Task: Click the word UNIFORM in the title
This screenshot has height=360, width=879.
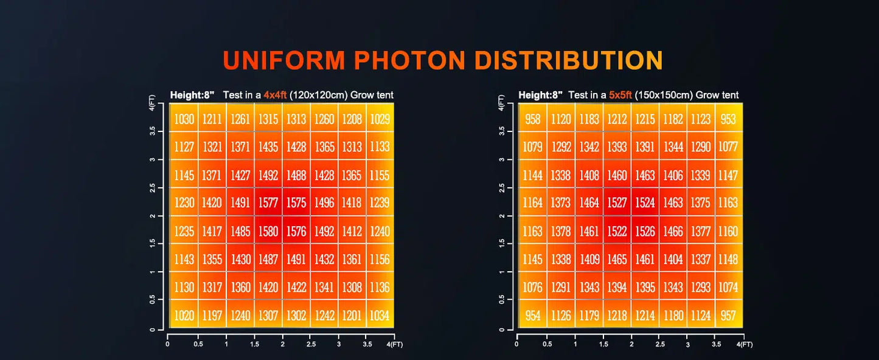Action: pos(284,61)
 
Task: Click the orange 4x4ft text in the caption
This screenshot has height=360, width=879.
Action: pos(274,95)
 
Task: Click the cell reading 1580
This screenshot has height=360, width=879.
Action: pos(268,231)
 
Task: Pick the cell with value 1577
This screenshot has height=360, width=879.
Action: pos(268,203)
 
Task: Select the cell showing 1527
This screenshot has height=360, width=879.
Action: pos(617,203)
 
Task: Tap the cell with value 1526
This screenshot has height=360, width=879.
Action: pos(645,231)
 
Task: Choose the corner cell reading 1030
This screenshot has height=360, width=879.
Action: pos(184,119)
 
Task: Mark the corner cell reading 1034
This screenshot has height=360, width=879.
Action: pos(380,316)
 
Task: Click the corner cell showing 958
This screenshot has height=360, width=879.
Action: pos(532,119)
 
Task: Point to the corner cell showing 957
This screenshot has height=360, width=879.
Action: pos(728,316)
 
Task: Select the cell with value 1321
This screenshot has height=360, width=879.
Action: pos(212,147)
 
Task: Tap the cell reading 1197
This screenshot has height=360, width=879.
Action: pos(212,316)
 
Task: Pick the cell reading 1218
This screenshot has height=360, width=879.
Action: pos(617,316)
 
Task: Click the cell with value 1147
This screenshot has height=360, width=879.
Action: pos(728,175)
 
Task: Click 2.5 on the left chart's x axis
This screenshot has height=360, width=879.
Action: pos(310,344)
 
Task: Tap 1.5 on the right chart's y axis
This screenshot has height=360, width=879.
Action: pos(501,243)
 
